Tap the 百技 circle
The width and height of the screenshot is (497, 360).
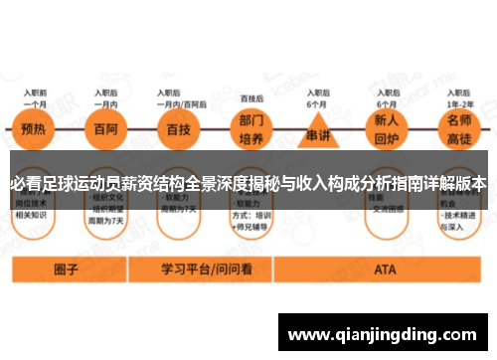(180, 129)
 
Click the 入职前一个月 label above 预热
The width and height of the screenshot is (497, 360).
(35, 98)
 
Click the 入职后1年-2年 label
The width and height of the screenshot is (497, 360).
(459, 98)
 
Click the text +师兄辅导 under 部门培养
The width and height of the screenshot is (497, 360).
(256, 223)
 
